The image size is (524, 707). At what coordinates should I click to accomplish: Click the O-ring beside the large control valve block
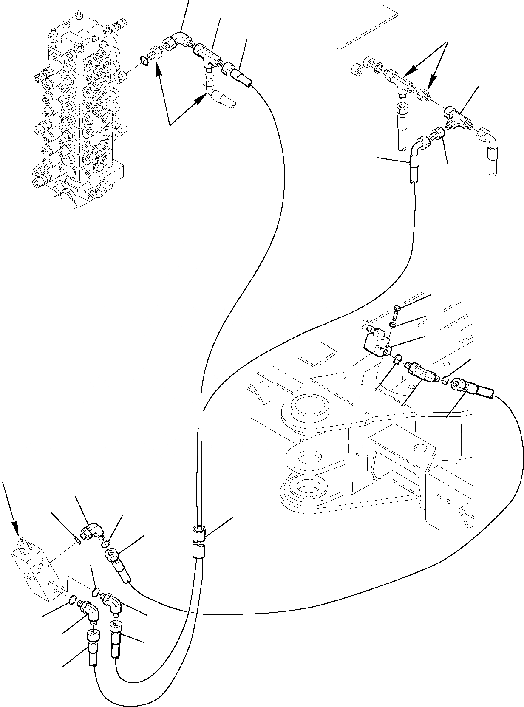tap(145, 62)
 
